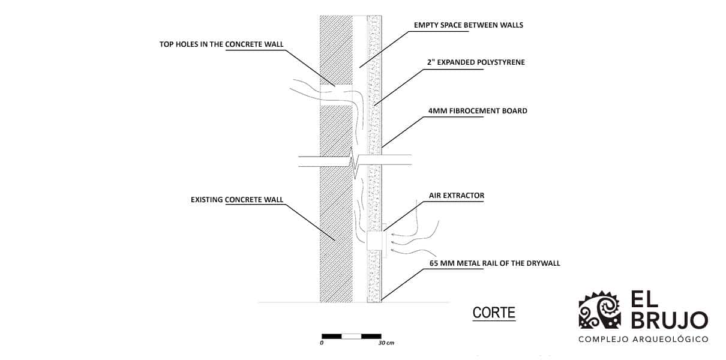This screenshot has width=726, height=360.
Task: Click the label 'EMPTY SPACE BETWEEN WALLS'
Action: coord(469,25)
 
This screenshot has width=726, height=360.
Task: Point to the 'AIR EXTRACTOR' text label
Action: coord(456,196)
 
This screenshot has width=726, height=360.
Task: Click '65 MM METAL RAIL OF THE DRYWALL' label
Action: coord(495,263)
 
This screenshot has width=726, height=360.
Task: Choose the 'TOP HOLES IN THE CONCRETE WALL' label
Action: coord(221,44)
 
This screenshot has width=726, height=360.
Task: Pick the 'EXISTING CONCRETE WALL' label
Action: coord(237,199)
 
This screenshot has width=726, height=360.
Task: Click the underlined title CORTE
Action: coord(494,313)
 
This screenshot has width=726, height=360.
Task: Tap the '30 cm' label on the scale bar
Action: coord(386,343)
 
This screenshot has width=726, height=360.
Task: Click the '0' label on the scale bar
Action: coord(322,343)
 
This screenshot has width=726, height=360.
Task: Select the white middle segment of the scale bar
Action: coord(351,336)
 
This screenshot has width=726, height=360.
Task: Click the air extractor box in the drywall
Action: coord(375,241)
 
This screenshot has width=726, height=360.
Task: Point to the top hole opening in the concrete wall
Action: coord(335,95)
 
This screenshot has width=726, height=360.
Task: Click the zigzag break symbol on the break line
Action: coord(356,162)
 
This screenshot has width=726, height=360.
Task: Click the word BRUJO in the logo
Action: coord(669,320)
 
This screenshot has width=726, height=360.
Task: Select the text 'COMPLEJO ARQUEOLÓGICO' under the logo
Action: coord(643,340)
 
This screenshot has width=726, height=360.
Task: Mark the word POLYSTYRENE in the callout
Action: coord(500,62)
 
